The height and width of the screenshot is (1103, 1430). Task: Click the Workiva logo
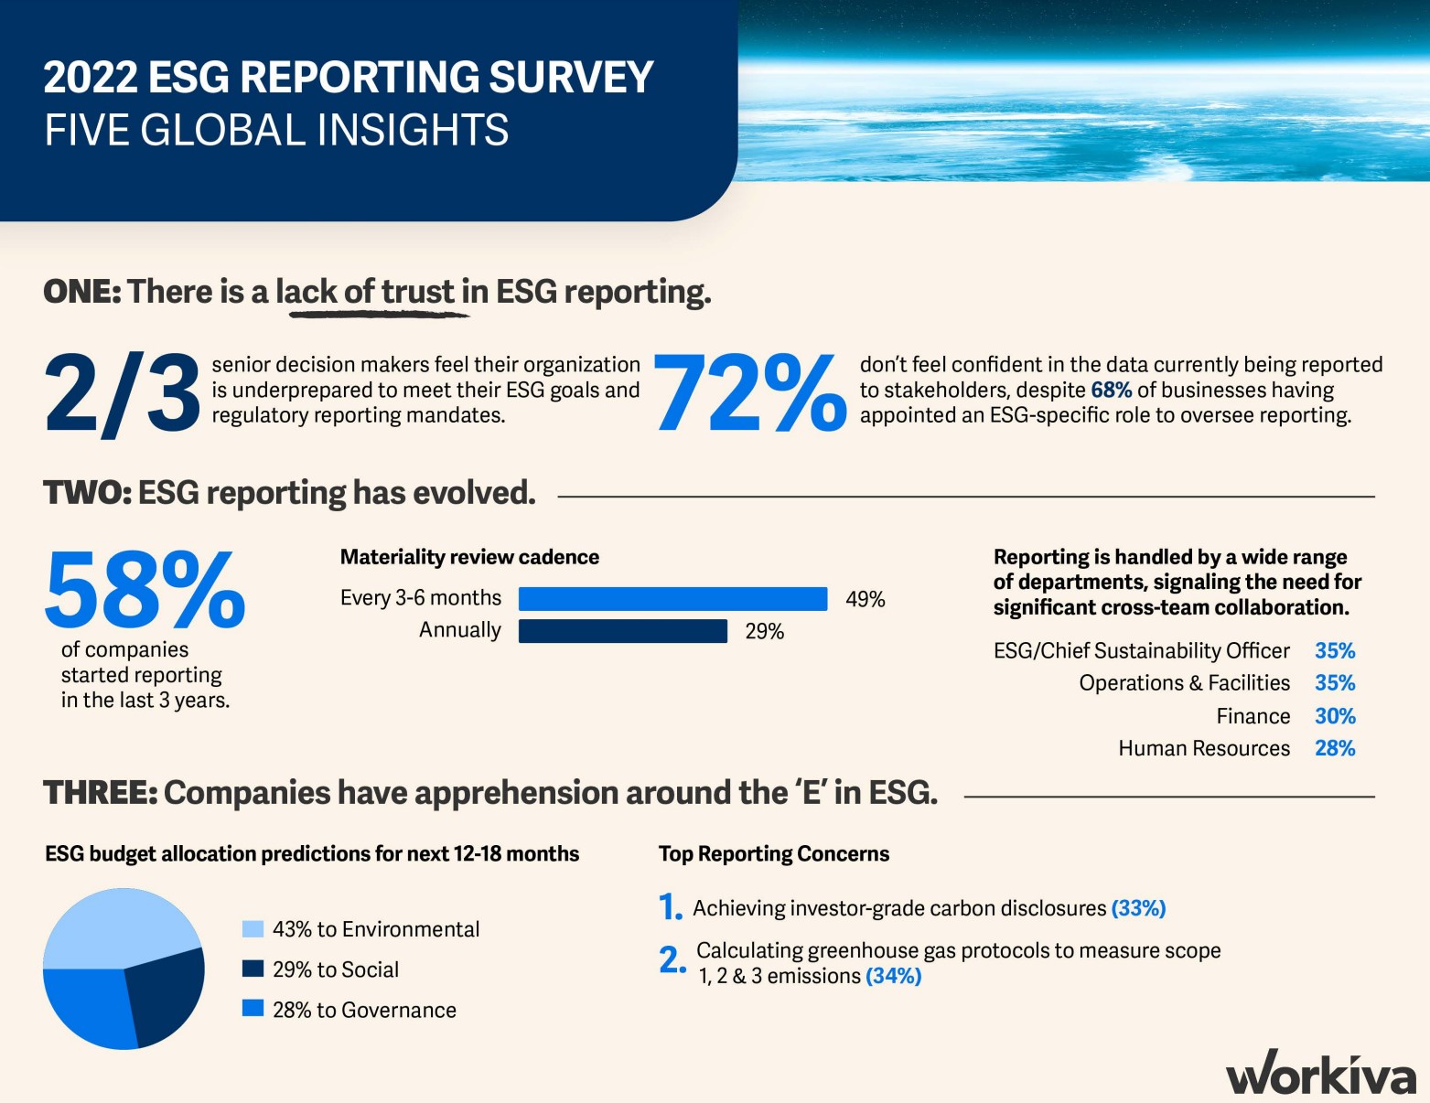click(x=1320, y=1074)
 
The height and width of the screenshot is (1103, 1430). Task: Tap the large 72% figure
click(x=749, y=393)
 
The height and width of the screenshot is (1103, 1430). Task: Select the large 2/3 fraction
click(x=122, y=393)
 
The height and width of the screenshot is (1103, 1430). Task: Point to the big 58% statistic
click(x=145, y=590)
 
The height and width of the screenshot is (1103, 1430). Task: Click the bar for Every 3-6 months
click(x=672, y=599)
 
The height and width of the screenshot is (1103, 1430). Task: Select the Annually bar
click(x=622, y=631)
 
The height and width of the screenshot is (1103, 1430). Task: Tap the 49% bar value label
click(x=865, y=599)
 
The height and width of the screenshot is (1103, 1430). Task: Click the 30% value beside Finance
click(x=1335, y=716)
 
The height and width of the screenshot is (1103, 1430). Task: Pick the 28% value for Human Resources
click(x=1335, y=748)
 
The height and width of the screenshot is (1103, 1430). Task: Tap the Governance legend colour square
click(x=253, y=1009)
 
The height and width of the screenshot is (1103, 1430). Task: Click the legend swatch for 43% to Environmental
click(x=253, y=929)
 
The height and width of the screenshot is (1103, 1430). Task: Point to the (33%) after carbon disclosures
click(x=1138, y=908)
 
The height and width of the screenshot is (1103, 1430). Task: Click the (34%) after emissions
click(x=893, y=976)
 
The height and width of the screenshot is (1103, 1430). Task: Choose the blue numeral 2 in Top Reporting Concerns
click(x=671, y=959)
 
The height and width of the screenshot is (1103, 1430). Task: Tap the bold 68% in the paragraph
click(x=1111, y=391)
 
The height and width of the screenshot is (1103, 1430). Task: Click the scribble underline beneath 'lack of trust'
click(x=379, y=314)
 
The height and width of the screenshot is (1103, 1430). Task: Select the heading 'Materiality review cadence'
click(x=469, y=557)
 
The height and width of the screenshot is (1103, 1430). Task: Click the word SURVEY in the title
click(x=571, y=77)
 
